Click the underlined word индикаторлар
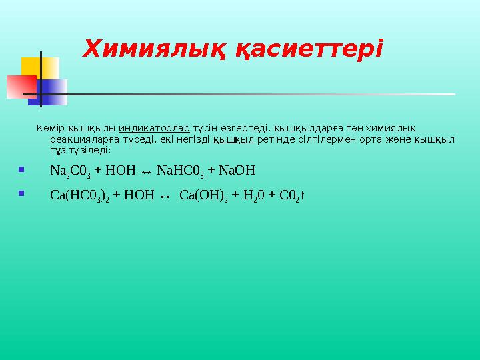pos(155,129)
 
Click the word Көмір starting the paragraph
pos(51,129)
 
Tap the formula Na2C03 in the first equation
pos(70,171)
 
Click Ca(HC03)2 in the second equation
pos(80,195)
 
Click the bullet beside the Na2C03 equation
pos(22,170)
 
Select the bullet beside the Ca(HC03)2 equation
pos(22,194)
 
